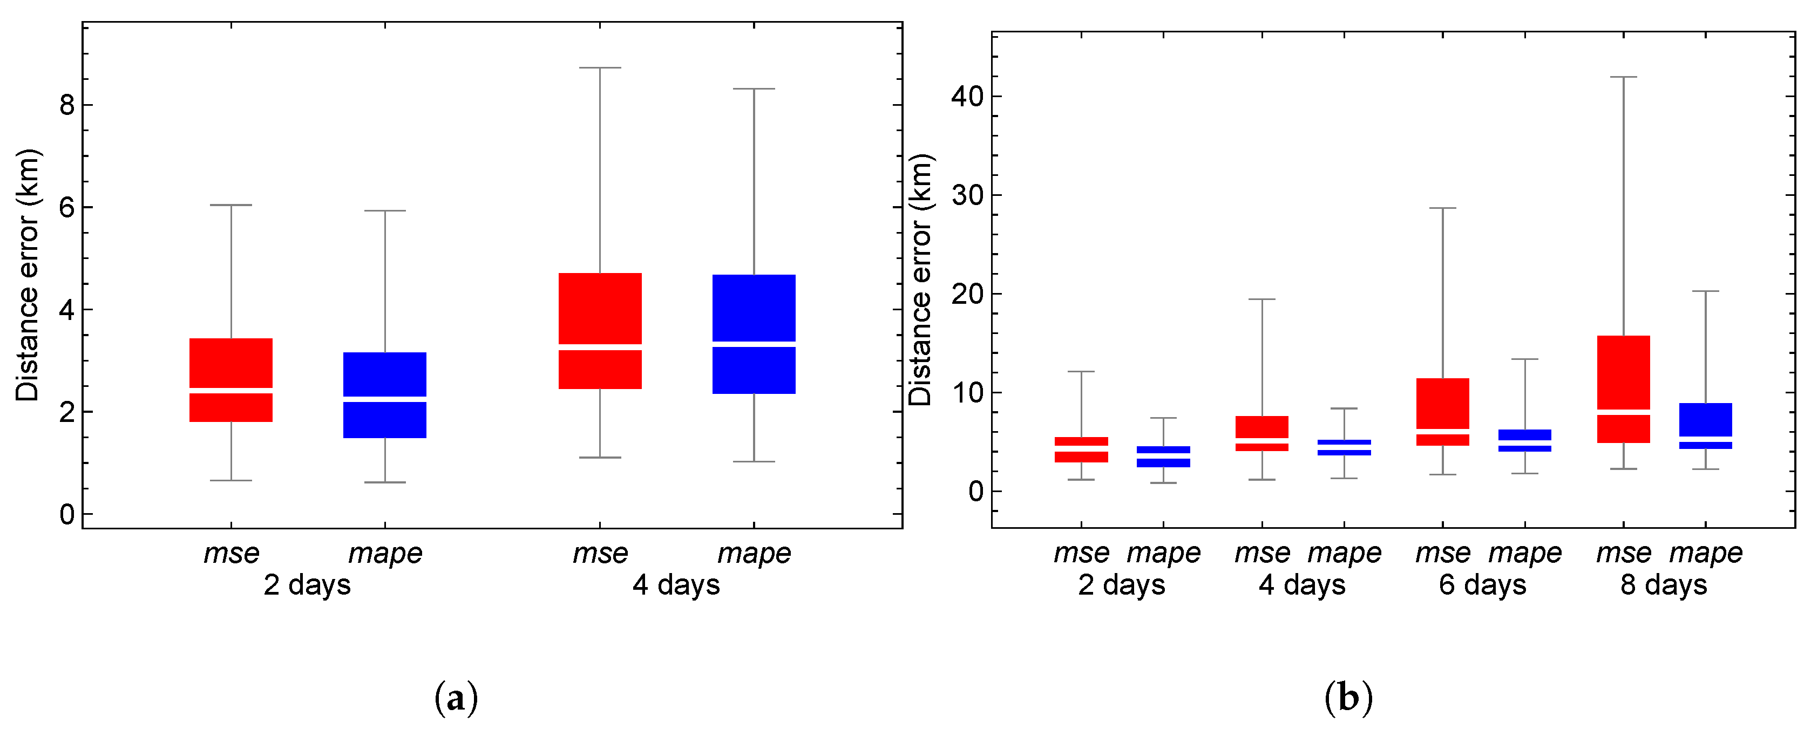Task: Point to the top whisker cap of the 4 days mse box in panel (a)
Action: tap(600, 68)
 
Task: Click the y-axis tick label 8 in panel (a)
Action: tap(67, 105)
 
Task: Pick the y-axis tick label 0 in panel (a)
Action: tap(67, 515)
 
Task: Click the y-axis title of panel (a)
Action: tap(28, 276)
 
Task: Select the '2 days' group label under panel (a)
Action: tap(307, 585)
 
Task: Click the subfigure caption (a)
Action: tap(456, 698)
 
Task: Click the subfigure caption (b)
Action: tap(1348, 698)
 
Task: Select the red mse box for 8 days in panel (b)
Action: tap(1623, 372)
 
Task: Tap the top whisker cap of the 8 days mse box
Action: tap(1623, 77)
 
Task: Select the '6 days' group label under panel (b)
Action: tap(1483, 585)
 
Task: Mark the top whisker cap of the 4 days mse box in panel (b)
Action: tap(1262, 299)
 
